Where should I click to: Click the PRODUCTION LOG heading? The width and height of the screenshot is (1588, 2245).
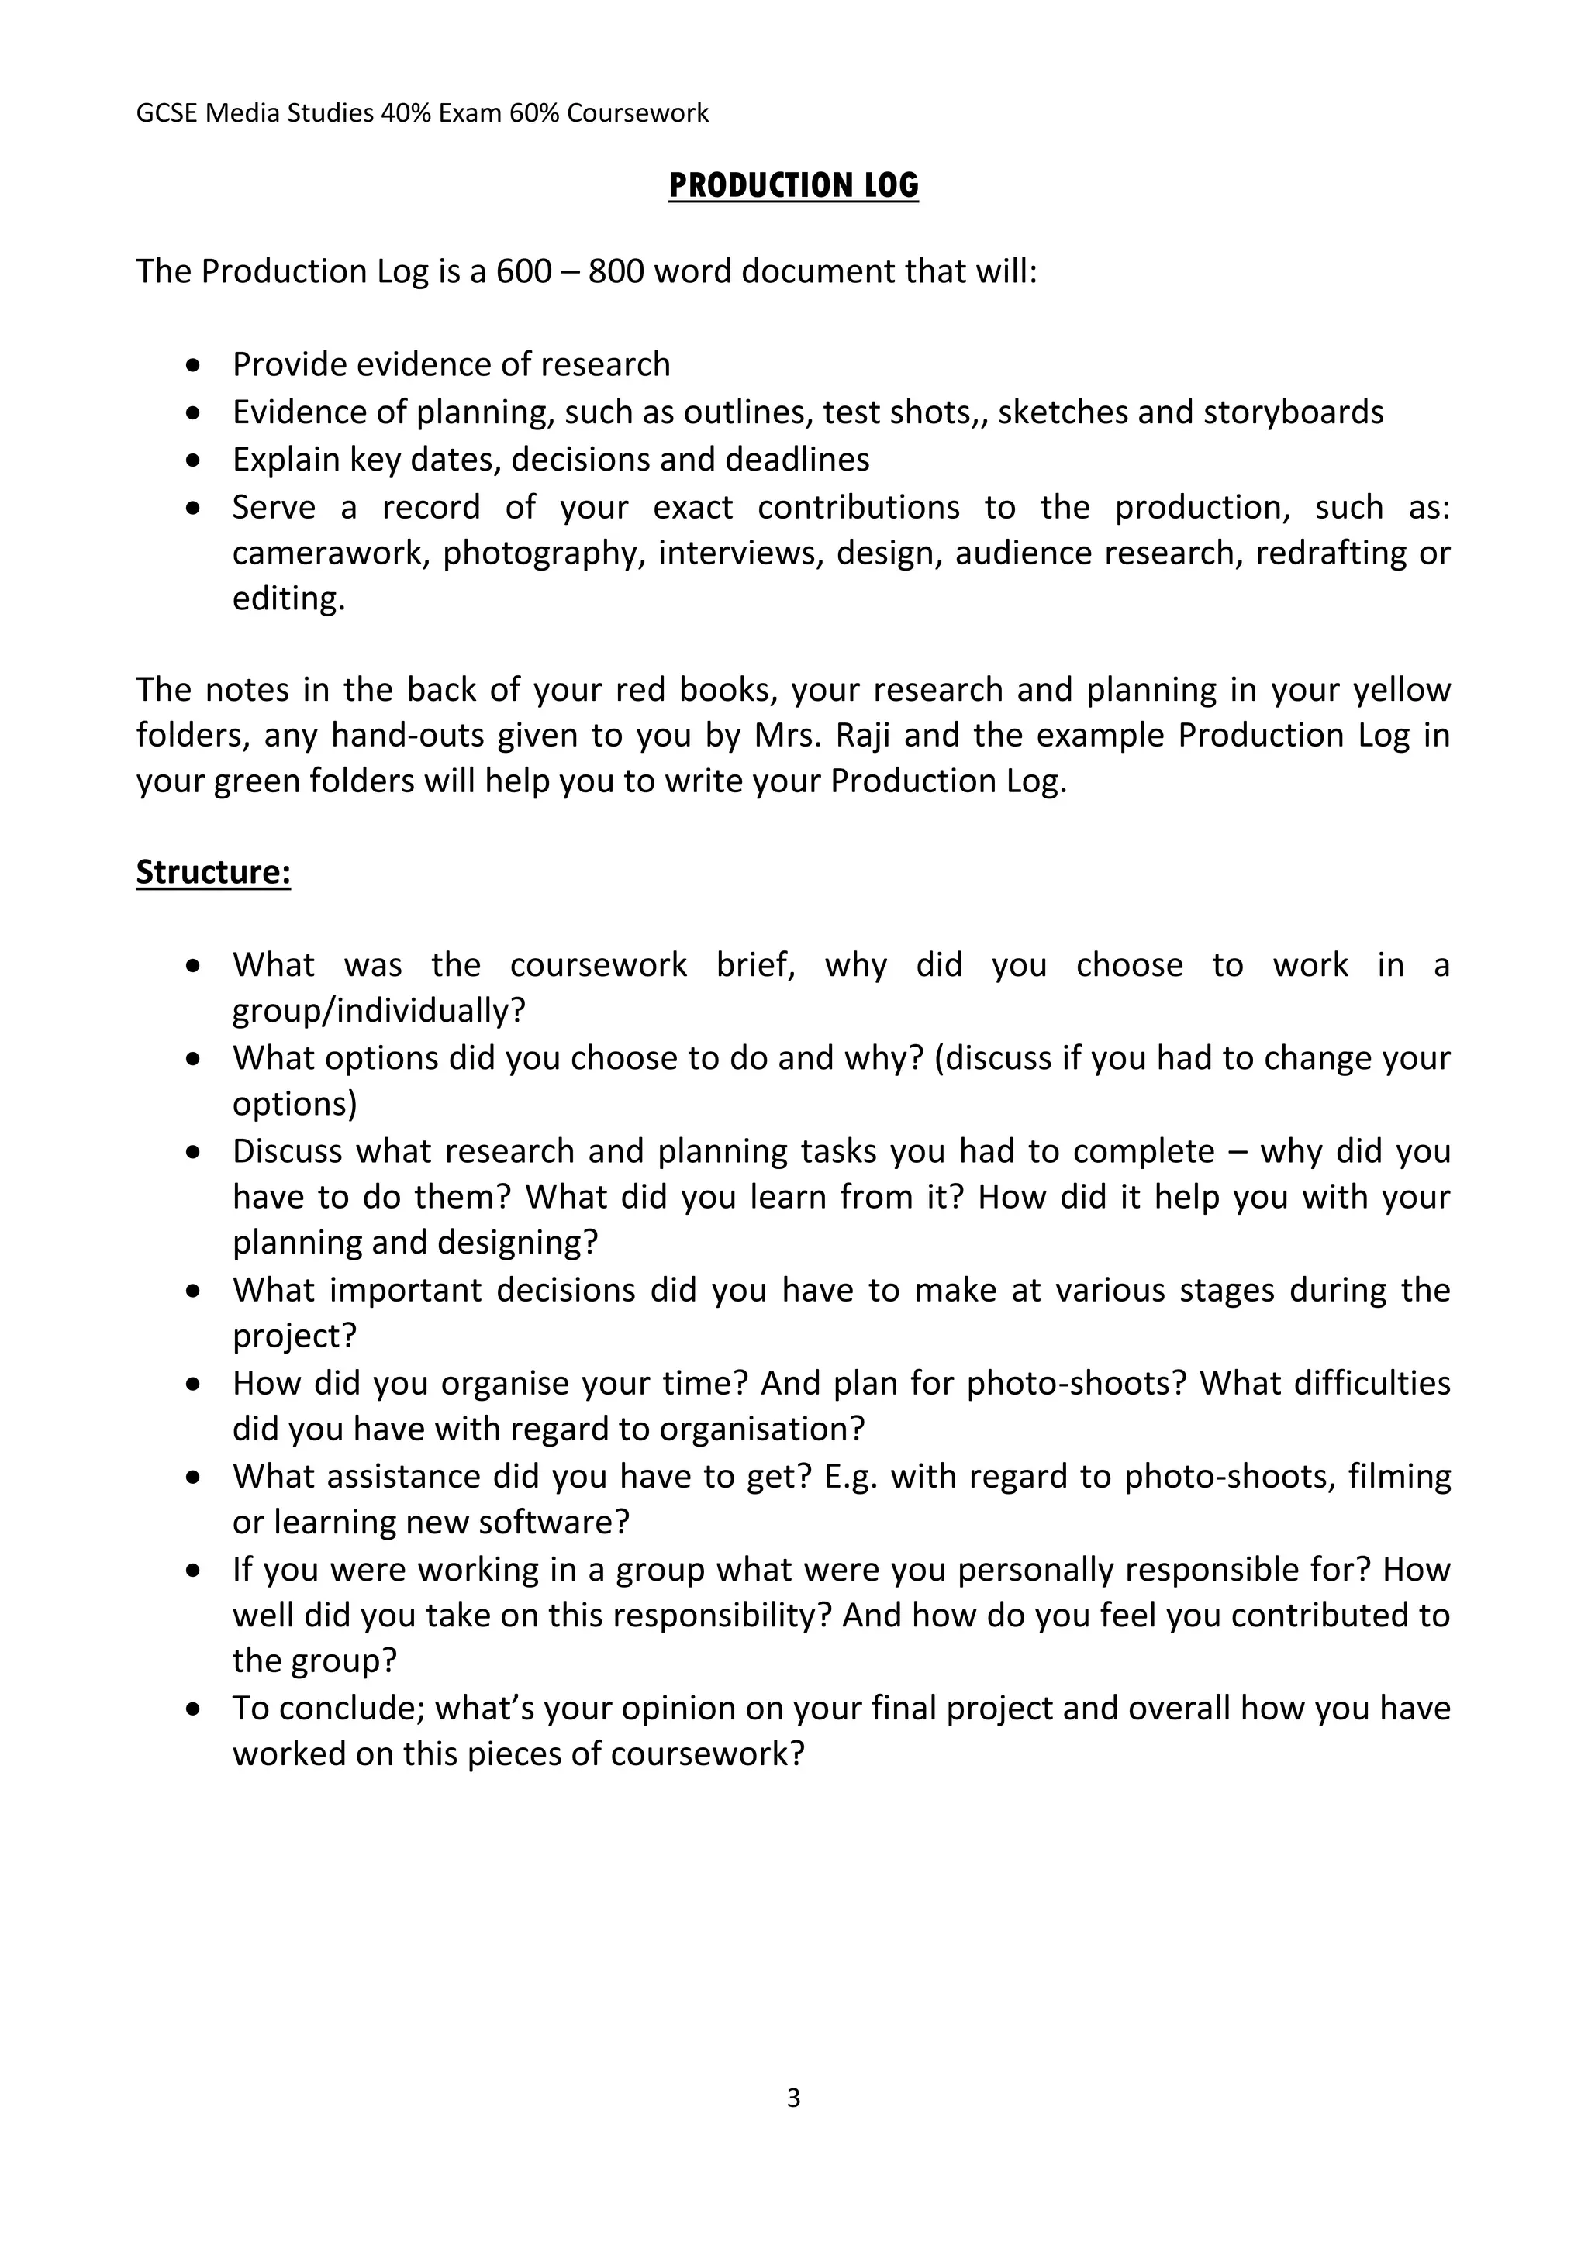pyautogui.click(x=793, y=186)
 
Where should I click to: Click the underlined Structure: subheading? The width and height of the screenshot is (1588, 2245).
pyautogui.click(x=213, y=871)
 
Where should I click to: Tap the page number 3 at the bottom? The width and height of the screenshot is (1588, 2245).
pyautogui.click(x=793, y=2098)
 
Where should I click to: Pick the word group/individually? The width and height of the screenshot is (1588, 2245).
pyautogui.click(x=378, y=1011)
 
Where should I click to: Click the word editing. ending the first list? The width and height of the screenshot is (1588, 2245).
pyautogui.click(x=288, y=598)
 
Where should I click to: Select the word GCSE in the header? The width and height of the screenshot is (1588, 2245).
pyautogui.click(x=167, y=113)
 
